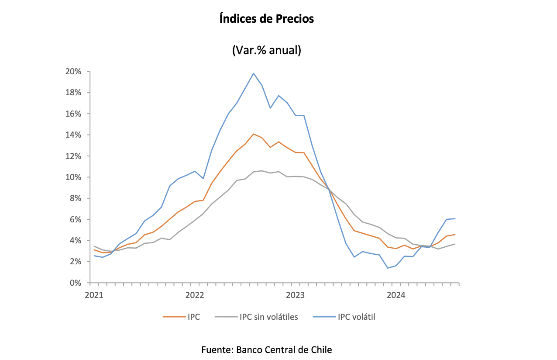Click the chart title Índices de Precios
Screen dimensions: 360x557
point(267,19)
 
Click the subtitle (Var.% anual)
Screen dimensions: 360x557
point(267,50)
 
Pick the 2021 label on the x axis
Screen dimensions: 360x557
point(94,295)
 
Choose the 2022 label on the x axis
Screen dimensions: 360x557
point(195,295)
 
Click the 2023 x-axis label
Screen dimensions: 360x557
point(296,295)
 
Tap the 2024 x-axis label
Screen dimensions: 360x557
point(396,295)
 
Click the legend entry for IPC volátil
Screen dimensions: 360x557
point(356,317)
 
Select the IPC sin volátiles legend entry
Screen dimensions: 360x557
point(268,317)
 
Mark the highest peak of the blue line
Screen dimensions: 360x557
point(254,73)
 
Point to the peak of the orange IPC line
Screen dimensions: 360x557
point(254,134)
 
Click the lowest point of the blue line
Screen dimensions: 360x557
point(388,268)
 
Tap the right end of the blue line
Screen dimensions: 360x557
point(455,218)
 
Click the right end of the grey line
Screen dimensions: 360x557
point(455,244)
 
